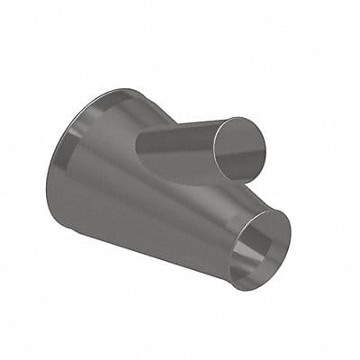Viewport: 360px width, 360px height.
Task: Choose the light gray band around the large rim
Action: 90,117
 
